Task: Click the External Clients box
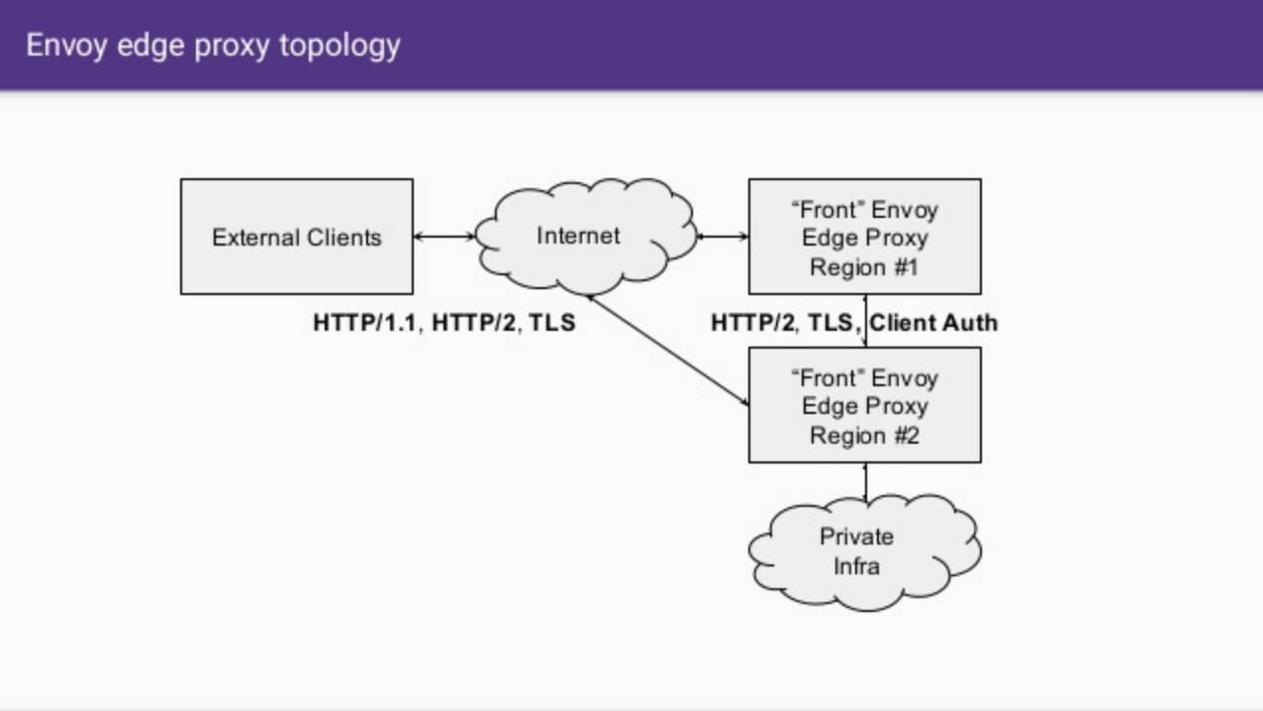(x=296, y=237)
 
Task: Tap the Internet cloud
(x=578, y=236)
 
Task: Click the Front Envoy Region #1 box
(x=864, y=237)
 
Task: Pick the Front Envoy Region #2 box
(x=864, y=405)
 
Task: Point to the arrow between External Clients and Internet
(x=444, y=237)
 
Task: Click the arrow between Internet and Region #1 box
(x=723, y=237)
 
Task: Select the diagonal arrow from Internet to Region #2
(x=668, y=350)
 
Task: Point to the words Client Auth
(x=933, y=323)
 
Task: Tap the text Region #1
(x=864, y=267)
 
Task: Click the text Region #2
(x=864, y=436)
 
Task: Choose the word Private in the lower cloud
(x=856, y=537)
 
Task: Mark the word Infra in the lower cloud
(x=856, y=566)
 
